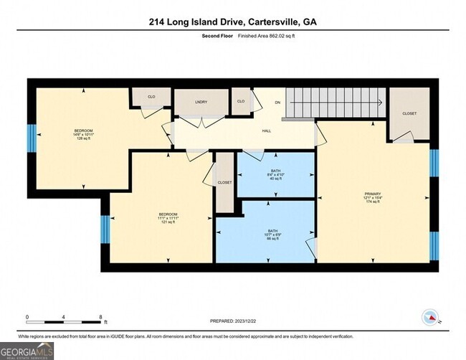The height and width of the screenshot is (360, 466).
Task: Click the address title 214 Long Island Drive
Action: click(x=233, y=22)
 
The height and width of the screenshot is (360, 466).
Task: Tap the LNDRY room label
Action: click(x=201, y=103)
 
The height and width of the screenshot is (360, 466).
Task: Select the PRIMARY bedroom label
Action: click(x=373, y=194)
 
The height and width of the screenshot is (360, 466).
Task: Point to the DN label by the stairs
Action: click(x=276, y=102)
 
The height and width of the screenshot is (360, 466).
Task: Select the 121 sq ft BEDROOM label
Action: click(x=168, y=217)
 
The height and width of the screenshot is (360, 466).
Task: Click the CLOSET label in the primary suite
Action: click(x=409, y=113)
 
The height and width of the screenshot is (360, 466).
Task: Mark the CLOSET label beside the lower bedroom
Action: click(x=224, y=183)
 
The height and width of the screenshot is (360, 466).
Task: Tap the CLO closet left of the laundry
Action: click(x=151, y=96)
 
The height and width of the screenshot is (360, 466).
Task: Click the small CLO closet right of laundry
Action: click(x=241, y=101)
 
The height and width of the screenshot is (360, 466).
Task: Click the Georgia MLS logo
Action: click(x=27, y=351)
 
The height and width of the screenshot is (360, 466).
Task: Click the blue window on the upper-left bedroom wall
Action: click(x=31, y=138)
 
